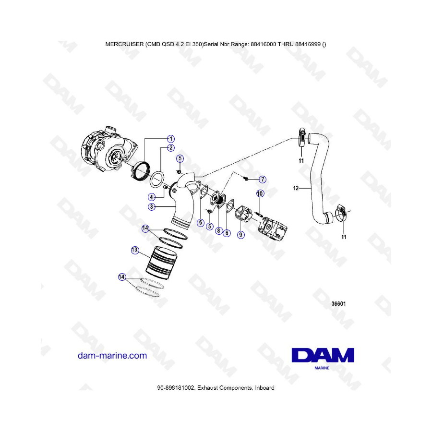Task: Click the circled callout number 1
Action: [170, 139]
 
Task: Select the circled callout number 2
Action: [170, 148]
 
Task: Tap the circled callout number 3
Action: [151, 207]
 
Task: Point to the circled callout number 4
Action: [152, 196]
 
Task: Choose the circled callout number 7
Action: [262, 180]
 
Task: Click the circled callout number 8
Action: [218, 231]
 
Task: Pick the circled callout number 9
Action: [240, 235]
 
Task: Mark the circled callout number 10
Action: [260, 194]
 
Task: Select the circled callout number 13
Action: [135, 250]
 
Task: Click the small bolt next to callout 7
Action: [246, 179]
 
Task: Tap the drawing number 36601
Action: [338, 304]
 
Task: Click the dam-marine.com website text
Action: [112, 356]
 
